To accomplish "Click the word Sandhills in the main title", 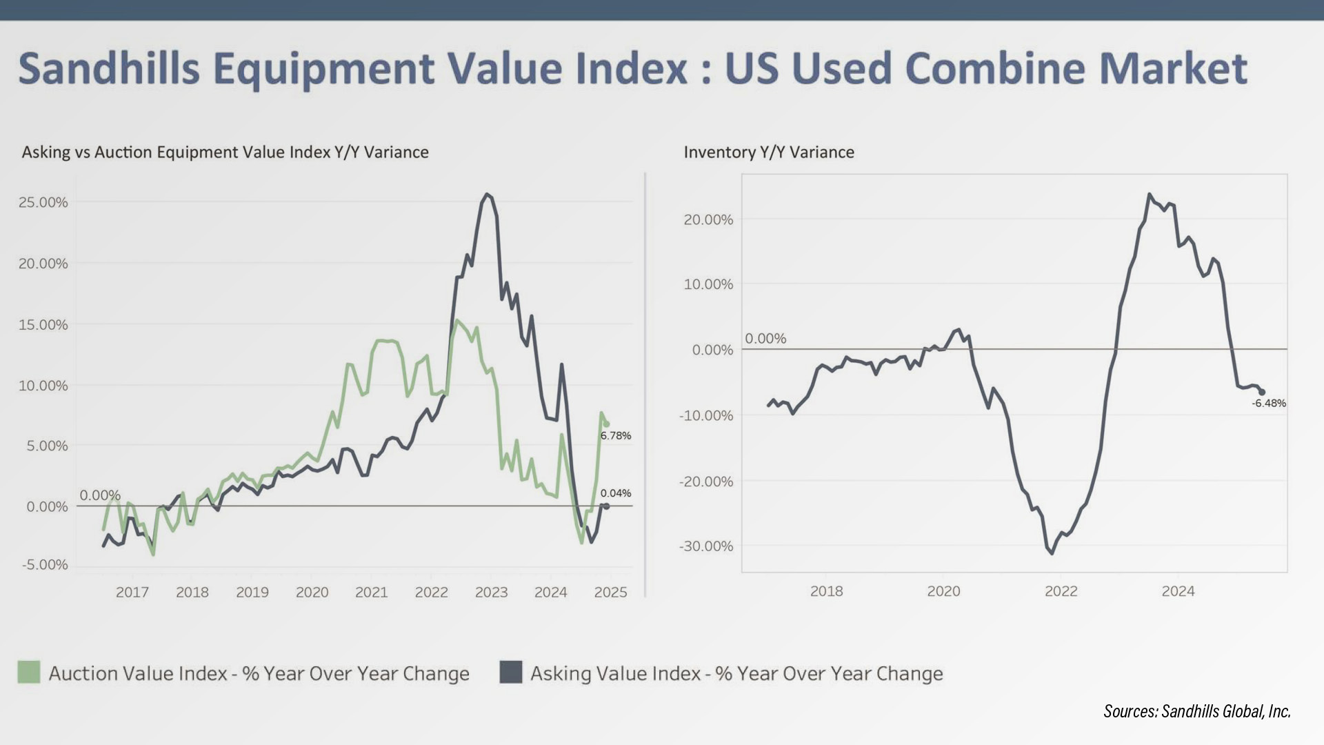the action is coord(109,68).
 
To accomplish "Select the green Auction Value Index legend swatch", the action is coord(29,673).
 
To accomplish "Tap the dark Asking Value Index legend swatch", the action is coord(511,673).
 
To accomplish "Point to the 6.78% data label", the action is coord(616,435).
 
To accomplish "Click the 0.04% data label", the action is coord(616,493).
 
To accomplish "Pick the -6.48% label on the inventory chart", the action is coord(1269,404).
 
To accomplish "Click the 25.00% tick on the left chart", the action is coord(43,202).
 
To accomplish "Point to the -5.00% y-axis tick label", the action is coord(46,565).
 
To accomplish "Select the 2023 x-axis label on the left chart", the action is coord(491,592).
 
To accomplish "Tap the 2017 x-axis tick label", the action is coord(132,592).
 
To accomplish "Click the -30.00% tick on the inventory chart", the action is coord(706,546).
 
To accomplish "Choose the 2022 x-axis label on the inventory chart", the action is coord(1061,591).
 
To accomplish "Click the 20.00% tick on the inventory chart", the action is coord(708,219).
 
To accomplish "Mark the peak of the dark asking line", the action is coord(487,194).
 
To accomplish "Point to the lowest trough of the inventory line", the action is coord(1052,553).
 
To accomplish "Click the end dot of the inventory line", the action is coord(1262,392).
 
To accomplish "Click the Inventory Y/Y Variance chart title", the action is coord(769,152).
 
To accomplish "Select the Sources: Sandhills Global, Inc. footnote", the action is coord(1197,711).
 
